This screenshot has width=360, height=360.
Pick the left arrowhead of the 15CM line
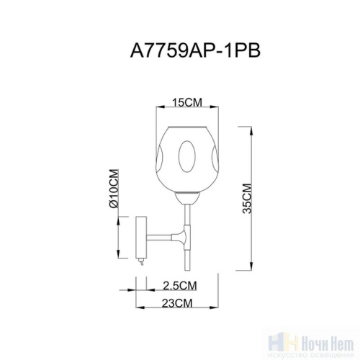pos(159,110)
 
